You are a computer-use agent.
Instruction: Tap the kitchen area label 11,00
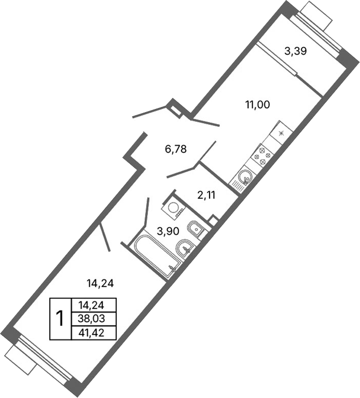257,104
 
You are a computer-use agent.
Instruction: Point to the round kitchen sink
244,180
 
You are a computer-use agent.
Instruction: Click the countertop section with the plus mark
279,132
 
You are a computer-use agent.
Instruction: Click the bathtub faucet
173,268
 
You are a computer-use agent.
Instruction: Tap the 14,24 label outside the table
100,283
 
